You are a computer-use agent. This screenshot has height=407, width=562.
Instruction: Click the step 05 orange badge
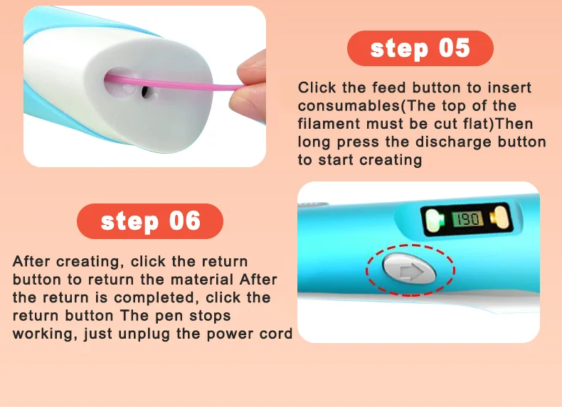click(420, 49)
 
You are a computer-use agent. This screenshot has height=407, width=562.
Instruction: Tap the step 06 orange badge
click(149, 221)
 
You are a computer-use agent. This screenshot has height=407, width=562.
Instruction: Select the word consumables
click(349, 105)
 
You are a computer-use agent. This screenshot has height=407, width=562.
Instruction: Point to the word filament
click(326, 124)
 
